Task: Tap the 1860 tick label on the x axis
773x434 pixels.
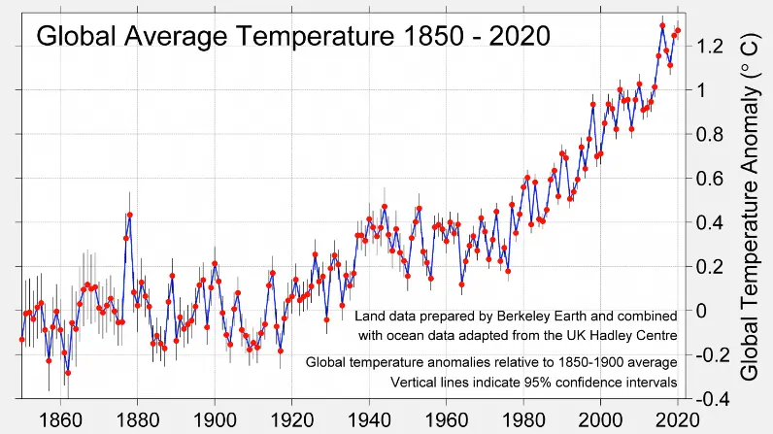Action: point(59,420)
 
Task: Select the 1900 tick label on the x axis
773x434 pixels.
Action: point(214,420)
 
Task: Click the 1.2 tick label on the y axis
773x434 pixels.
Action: point(709,46)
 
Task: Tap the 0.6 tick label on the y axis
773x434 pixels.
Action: point(709,178)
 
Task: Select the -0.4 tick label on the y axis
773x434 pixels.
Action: point(706,398)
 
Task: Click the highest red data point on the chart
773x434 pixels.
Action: point(662,25)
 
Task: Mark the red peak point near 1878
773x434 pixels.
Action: point(129,215)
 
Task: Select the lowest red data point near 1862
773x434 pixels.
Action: point(67,372)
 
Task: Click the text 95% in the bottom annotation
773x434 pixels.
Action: point(518,382)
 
